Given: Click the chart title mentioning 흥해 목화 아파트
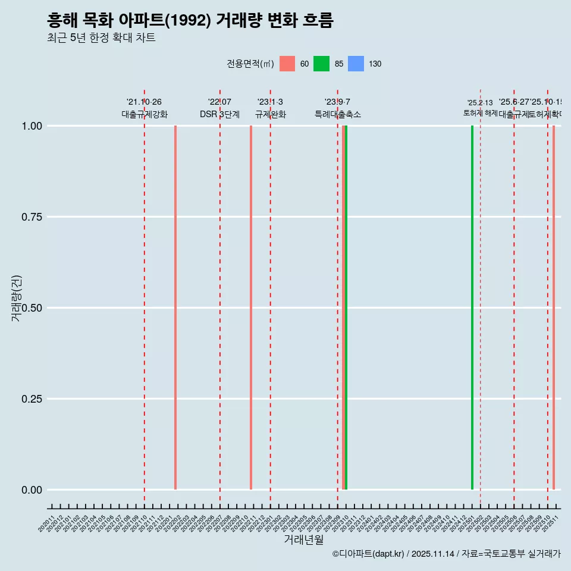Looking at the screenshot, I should [190, 21].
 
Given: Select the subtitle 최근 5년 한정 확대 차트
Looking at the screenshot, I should [101, 38].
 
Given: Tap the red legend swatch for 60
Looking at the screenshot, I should [287, 64].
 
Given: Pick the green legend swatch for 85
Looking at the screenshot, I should [321, 64].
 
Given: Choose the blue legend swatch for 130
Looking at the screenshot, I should [356, 64].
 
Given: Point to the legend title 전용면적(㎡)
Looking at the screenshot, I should [250, 64].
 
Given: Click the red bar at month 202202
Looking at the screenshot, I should [175, 308].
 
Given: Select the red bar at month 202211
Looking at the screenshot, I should [251, 308].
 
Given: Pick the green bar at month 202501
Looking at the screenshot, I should [472, 308].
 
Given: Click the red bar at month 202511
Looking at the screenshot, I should [554, 308].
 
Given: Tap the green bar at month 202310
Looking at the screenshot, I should [346, 308].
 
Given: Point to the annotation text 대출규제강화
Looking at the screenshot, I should [145, 114].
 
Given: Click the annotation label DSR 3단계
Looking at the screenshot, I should [219, 114].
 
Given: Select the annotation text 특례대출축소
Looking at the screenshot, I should [338, 114].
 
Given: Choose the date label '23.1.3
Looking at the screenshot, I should [270, 102].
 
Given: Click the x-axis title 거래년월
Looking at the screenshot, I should [303, 540].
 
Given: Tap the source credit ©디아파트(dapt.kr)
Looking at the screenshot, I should [369, 554].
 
